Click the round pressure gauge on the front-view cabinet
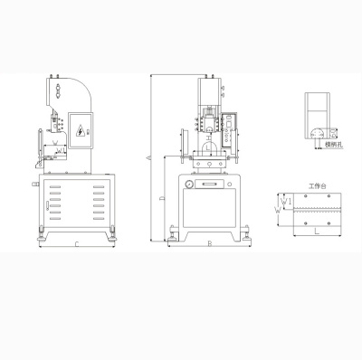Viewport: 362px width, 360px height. point(188,185)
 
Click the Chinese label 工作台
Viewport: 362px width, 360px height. point(314,185)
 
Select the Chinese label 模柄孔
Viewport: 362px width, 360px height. point(336,144)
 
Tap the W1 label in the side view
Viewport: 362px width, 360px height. point(57,141)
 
